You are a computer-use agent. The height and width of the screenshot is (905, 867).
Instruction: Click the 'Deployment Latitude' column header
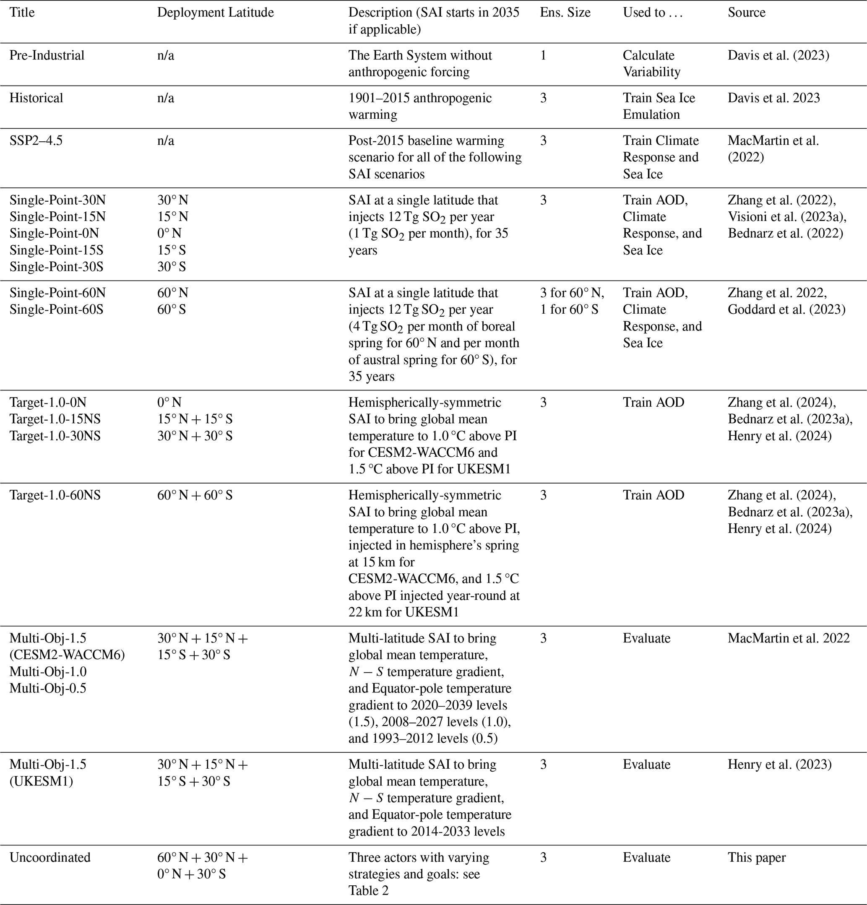[x=215, y=13]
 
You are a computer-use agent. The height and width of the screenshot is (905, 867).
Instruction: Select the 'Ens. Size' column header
[x=565, y=13]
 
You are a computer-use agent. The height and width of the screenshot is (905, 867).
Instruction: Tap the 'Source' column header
[x=747, y=13]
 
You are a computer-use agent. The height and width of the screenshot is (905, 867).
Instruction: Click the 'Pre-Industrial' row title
[x=47, y=55]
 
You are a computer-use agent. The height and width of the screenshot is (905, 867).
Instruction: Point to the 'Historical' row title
[x=36, y=98]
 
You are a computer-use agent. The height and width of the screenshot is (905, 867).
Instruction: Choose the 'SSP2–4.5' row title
[x=36, y=140]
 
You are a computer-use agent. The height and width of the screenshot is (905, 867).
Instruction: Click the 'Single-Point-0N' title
[x=54, y=233]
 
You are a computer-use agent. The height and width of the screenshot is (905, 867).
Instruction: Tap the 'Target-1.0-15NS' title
[x=55, y=419]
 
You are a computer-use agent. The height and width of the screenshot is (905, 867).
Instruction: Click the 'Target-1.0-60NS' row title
[x=55, y=495]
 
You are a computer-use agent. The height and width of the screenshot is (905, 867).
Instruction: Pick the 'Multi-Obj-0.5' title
[x=48, y=688]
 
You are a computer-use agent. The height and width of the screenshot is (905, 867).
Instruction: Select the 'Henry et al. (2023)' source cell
[x=780, y=764]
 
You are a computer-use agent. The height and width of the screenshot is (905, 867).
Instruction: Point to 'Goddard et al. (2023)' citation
[x=786, y=309]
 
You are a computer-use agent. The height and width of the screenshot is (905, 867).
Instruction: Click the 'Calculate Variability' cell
[x=651, y=64]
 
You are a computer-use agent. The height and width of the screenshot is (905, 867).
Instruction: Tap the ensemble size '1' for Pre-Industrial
[x=543, y=55]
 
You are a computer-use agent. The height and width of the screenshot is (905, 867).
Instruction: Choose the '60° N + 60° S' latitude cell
[x=195, y=495]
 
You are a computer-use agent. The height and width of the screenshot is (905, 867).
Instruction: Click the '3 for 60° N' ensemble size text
[x=572, y=293]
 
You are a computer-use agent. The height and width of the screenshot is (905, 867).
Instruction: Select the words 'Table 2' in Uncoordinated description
[x=368, y=890]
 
